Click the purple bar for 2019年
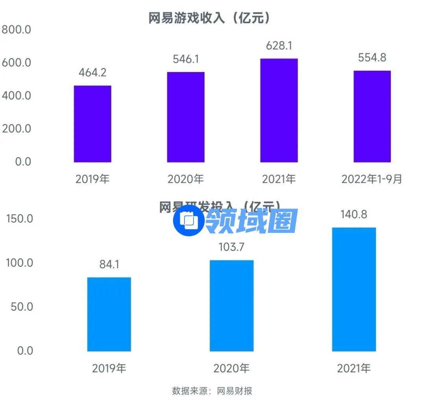point(92,124)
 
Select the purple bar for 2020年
point(186,117)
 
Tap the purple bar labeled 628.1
point(279,111)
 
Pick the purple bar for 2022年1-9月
point(372,116)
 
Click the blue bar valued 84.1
point(109,314)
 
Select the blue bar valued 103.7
point(231,306)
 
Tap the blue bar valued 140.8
point(354,289)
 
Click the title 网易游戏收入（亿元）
point(210,18)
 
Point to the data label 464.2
point(92,73)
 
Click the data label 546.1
point(186,59)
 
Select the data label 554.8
point(372,58)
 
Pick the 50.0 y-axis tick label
point(22,307)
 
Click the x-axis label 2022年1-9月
point(372,179)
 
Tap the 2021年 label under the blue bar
point(354,369)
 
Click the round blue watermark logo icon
point(188,221)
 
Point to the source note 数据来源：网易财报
point(212,391)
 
